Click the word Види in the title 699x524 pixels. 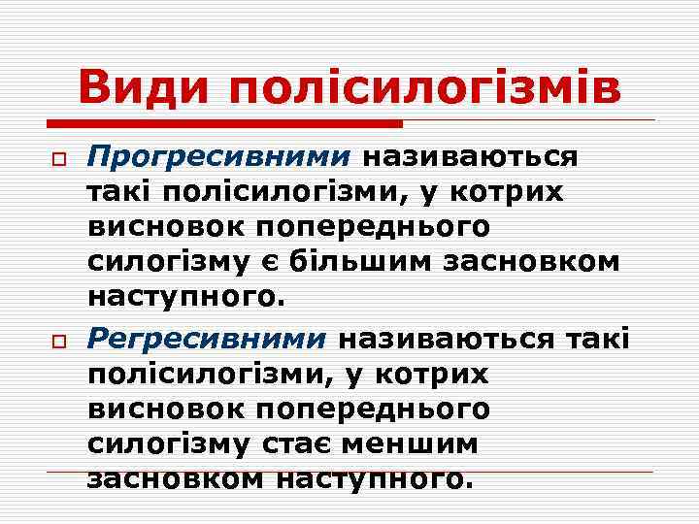point(148,88)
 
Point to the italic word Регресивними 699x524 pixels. point(207,339)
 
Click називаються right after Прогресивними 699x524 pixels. point(471,156)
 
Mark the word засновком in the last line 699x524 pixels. point(177,478)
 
